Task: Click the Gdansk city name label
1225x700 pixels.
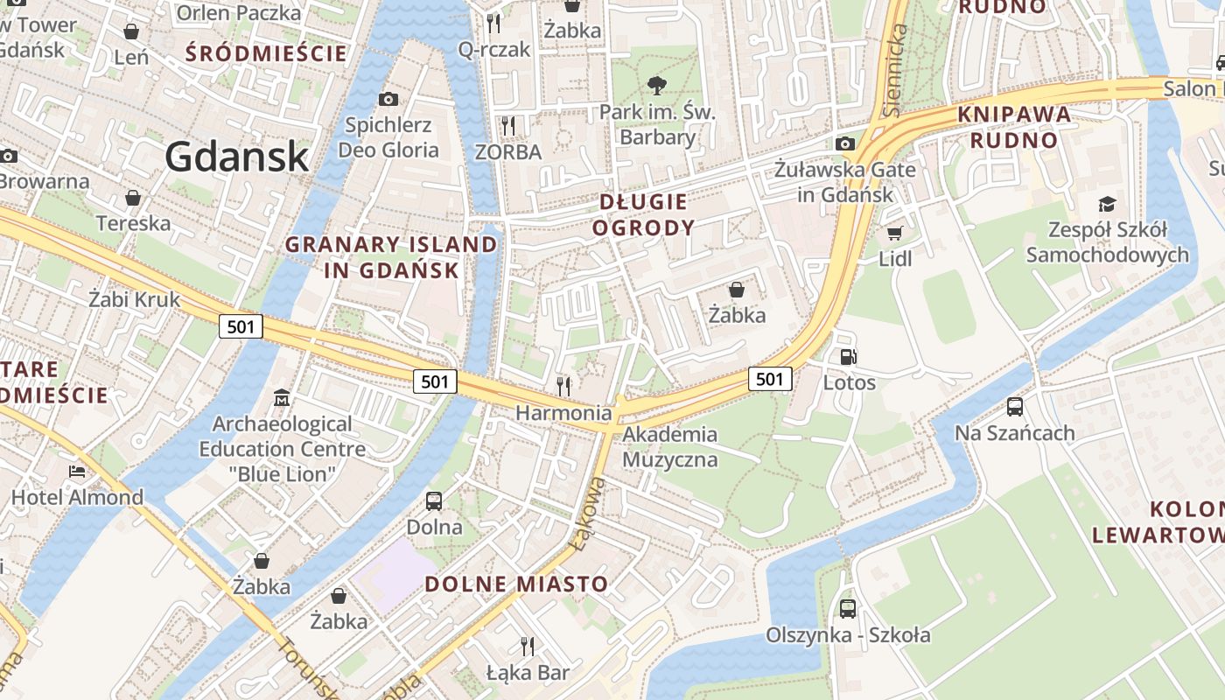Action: point(236,157)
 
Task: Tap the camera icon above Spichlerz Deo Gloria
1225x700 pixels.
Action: point(388,100)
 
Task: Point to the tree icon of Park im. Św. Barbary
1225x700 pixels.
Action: point(657,86)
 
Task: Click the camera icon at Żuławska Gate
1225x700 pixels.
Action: point(845,143)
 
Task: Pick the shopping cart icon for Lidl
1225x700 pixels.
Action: point(894,233)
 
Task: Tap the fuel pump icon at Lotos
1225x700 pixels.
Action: point(848,357)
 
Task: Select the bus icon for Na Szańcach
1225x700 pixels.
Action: point(1014,407)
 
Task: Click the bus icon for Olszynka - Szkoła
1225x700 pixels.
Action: point(848,608)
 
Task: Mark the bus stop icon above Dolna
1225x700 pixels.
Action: point(434,501)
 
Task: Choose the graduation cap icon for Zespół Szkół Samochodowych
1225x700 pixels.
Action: point(1108,204)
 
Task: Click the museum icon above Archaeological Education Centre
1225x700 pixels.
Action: point(282,398)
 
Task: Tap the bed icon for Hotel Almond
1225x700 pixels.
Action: point(77,472)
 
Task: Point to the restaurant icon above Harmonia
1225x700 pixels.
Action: point(563,385)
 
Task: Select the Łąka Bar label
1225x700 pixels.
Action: point(528,673)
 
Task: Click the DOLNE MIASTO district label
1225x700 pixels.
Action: point(516,584)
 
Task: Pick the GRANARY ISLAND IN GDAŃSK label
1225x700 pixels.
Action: point(391,257)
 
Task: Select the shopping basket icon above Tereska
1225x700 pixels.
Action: point(133,198)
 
